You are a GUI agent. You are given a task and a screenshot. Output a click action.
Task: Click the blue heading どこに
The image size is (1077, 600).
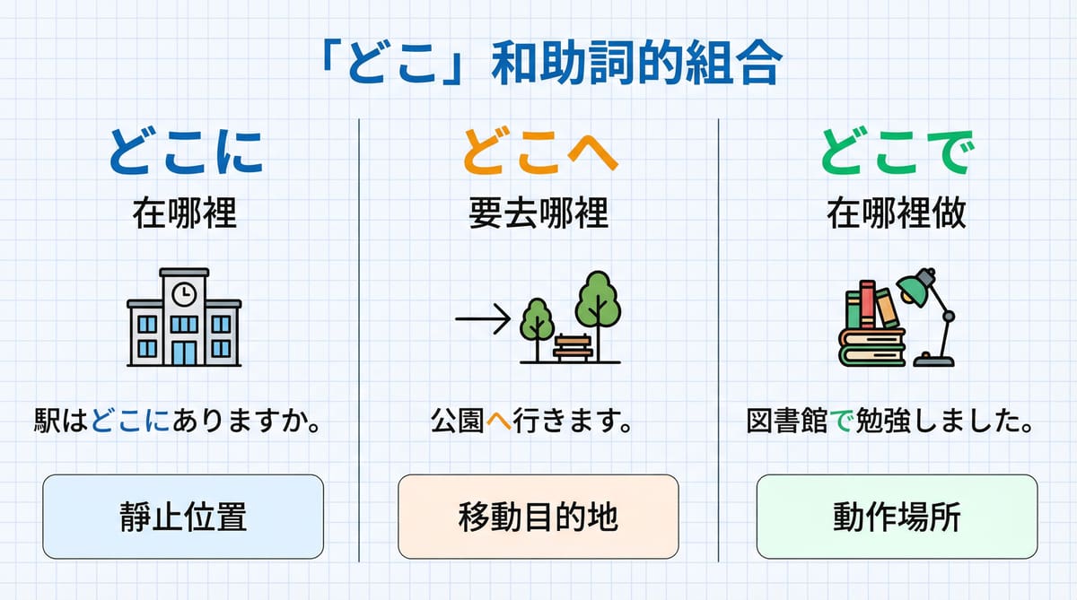click(186, 153)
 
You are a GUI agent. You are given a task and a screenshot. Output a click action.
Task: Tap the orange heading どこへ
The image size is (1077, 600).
click(539, 153)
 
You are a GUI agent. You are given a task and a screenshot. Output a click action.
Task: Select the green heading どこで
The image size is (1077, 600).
click(897, 153)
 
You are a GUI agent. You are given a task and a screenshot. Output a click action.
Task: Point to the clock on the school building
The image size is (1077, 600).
click(184, 293)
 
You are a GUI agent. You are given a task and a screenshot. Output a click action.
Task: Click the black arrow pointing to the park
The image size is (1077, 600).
click(482, 317)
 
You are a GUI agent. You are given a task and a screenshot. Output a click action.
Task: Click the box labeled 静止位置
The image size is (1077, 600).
click(183, 517)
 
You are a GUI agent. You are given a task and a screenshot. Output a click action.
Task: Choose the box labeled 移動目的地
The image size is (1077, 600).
click(538, 517)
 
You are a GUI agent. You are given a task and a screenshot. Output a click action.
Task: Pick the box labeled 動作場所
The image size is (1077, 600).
click(897, 517)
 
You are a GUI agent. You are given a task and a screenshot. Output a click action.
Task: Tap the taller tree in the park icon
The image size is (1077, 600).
click(598, 305)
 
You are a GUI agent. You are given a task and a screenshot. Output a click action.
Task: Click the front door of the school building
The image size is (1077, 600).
click(184, 351)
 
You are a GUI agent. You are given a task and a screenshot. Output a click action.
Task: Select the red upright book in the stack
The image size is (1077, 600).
click(867, 304)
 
